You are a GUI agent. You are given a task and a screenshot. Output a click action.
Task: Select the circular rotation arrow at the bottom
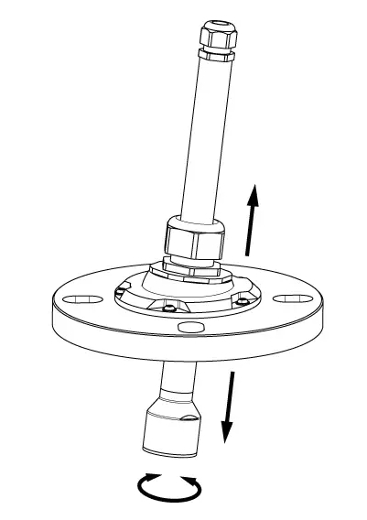(x=168, y=488)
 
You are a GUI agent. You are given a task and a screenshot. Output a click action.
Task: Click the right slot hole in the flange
(x=292, y=298)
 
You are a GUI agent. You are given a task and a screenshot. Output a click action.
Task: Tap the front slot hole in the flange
(x=190, y=326)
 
